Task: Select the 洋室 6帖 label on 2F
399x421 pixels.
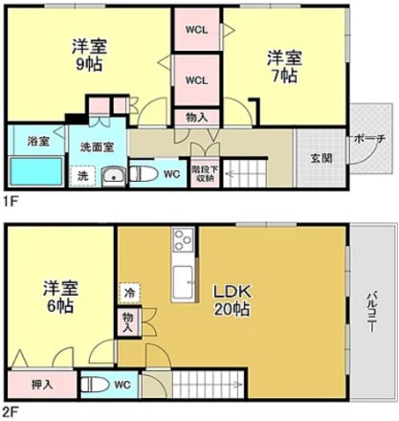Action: [60, 297]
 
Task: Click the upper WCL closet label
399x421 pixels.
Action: [197, 30]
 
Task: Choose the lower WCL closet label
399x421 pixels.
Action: [197, 80]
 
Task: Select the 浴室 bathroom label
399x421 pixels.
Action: [38, 141]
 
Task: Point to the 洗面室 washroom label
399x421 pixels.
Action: [97, 147]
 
